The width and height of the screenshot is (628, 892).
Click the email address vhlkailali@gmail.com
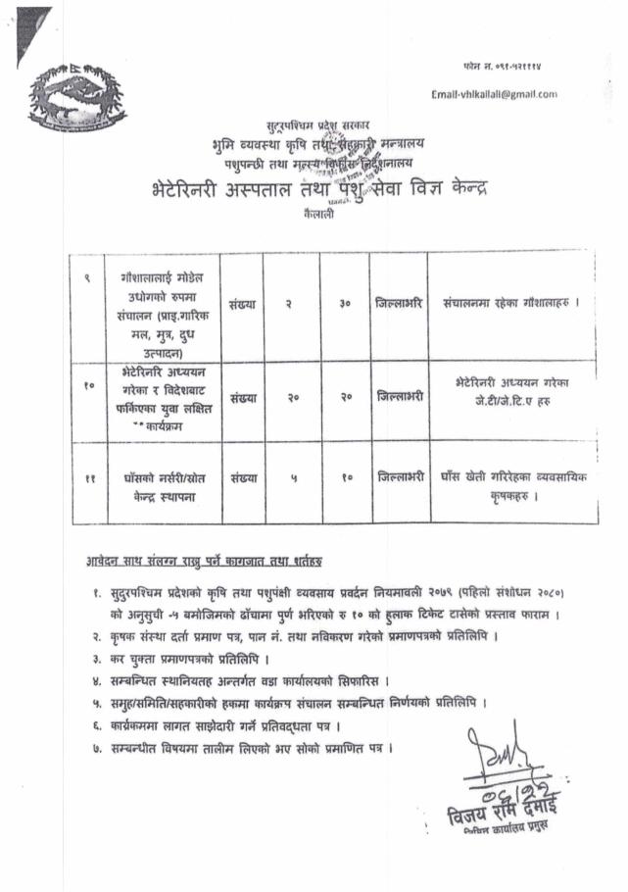point(494,94)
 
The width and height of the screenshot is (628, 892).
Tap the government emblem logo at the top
point(77,97)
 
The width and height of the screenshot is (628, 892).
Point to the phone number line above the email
point(507,64)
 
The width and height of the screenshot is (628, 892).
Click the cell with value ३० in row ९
point(345,304)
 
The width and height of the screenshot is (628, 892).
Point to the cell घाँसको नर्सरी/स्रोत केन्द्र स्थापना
point(162,486)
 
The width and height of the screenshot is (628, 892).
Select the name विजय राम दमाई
point(507,813)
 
